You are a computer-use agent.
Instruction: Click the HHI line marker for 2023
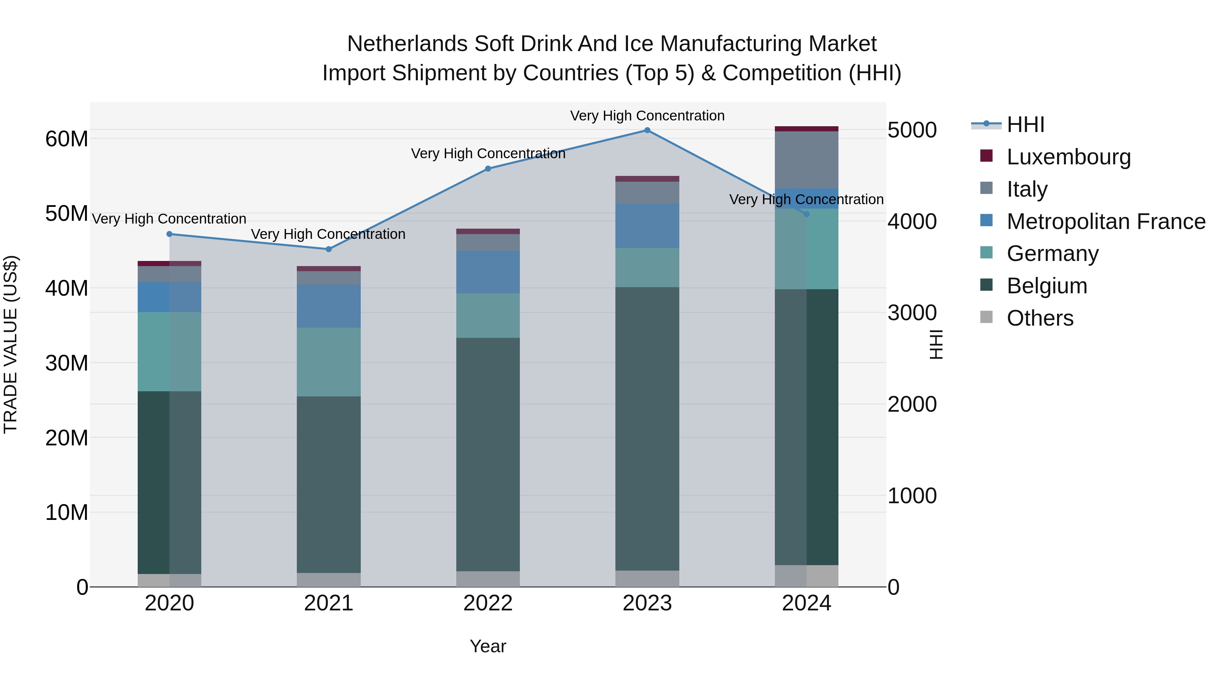coord(647,130)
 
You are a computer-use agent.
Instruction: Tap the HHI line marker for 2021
coord(328,249)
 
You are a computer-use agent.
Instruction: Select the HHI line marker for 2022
coord(488,169)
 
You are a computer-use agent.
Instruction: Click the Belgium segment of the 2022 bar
coord(488,454)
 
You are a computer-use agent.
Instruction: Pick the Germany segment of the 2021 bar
coord(328,362)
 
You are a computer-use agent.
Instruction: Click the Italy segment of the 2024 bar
coord(806,160)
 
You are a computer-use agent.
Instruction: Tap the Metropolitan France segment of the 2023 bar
coord(647,226)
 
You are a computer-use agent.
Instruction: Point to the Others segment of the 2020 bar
coord(169,580)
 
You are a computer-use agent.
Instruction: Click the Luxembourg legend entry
coord(1068,157)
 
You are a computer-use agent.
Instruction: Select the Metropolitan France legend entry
coord(1105,222)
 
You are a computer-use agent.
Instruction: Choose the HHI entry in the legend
coord(1025,125)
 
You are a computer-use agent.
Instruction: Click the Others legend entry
coord(1040,318)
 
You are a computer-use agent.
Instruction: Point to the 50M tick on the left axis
coord(67,213)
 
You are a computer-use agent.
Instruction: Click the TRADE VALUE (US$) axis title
coord(11,344)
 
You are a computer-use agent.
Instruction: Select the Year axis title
coord(488,646)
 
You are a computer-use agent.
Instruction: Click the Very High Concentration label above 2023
coord(647,116)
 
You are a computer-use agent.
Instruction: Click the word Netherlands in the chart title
coord(407,44)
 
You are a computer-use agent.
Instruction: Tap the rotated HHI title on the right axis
coord(936,344)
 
